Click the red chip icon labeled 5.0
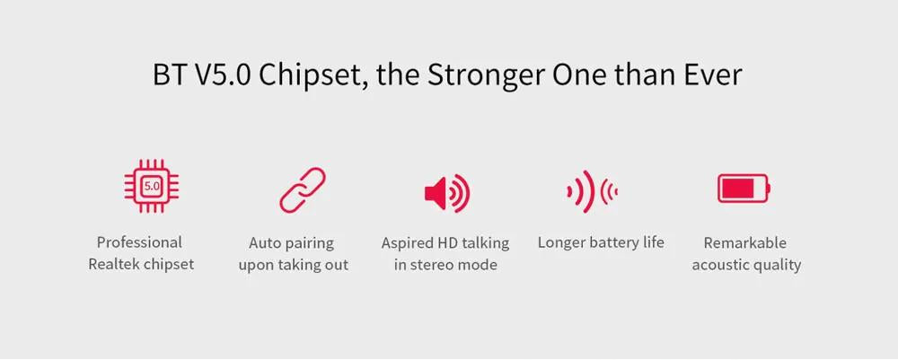coord(151,186)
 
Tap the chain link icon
coord(303,190)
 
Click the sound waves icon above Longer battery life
coord(592,191)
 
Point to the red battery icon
coord(744,189)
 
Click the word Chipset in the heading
coord(313,76)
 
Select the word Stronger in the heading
coord(486,75)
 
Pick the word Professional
coord(139,242)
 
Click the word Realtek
coord(113,264)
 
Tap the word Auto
coord(265,242)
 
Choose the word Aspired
coord(408,242)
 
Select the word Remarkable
coord(745,242)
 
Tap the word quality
coord(776,266)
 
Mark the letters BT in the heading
coord(170,75)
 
